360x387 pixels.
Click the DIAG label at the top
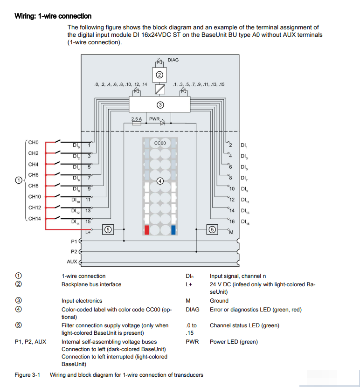[173, 60]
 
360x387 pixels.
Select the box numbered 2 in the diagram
[159, 75]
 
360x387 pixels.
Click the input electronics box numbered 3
[160, 104]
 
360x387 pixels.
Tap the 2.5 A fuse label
[137, 119]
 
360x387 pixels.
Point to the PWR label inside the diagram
[154, 119]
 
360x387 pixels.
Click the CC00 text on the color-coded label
[160, 143]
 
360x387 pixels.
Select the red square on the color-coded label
[147, 230]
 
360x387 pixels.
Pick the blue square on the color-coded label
[173, 230]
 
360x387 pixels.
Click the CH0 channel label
[33, 142]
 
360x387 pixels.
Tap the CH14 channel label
[35, 219]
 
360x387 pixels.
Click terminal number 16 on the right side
[232, 221]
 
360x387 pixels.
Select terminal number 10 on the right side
[232, 189]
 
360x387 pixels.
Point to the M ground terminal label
[231, 232]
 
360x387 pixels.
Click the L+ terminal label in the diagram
[88, 232]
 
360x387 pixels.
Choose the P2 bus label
[74, 251]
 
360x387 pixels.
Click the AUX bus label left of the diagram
[72, 262]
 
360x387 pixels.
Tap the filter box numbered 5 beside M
[212, 229]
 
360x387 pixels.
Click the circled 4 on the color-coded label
[160, 181]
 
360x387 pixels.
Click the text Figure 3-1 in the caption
[27, 375]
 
